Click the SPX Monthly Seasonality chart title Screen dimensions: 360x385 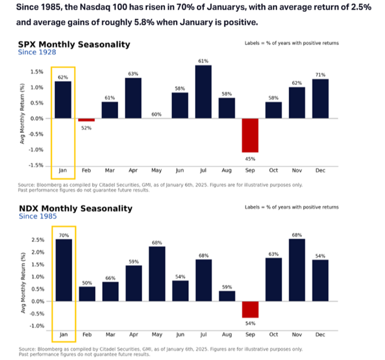[x=74, y=44]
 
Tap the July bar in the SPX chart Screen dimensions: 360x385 [x=204, y=92]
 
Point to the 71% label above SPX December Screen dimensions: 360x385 [x=321, y=74]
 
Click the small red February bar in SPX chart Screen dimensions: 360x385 [x=87, y=120]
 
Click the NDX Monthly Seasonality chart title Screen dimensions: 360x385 [x=75, y=208]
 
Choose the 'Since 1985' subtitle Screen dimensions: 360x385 [x=38, y=216]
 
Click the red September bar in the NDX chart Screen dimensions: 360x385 [x=250, y=310]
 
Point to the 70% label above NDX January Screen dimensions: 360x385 [x=63, y=235]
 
